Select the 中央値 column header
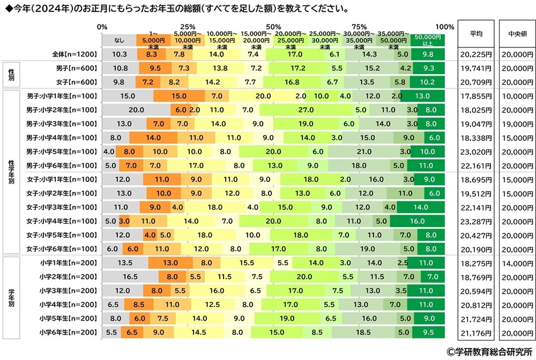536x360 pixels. coord(516,33)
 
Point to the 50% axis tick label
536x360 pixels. coord(273,27)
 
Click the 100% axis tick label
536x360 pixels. coord(444,27)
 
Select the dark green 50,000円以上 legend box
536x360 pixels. coord(428,41)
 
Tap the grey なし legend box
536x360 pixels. coord(119,41)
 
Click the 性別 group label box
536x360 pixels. coord(11,75)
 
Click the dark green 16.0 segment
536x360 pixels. coord(417,221)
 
